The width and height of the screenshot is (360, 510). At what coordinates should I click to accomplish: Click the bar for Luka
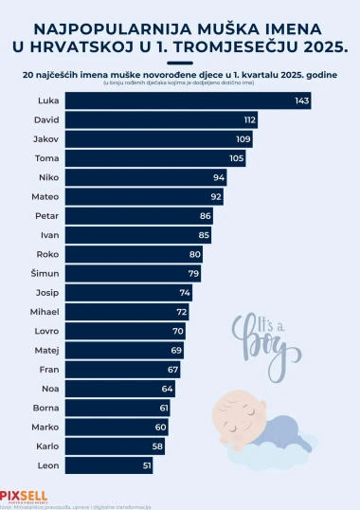pos(189,100)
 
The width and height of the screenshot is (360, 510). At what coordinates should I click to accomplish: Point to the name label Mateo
pos(47,196)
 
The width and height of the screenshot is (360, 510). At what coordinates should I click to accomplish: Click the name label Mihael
pos(47,311)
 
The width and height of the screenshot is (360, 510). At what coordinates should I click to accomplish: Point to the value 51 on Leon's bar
pos(146,464)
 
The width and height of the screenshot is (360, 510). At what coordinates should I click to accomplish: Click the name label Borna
pos(47,407)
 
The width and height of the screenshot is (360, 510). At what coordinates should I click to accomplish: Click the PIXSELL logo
pos(24,495)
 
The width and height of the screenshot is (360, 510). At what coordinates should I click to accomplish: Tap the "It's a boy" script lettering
pos(258,337)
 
